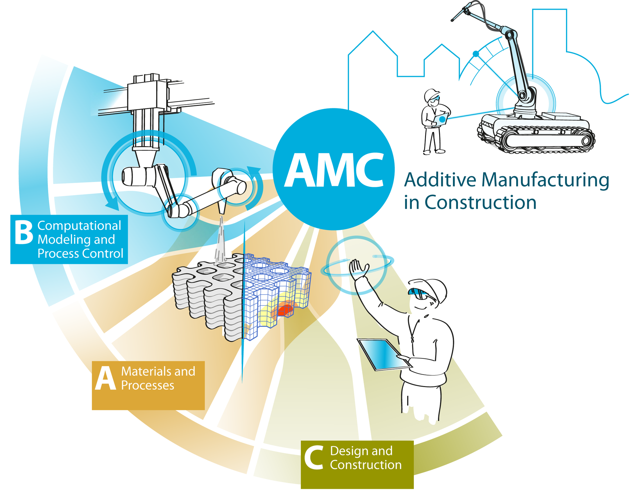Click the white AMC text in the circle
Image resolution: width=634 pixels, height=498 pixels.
click(334, 170)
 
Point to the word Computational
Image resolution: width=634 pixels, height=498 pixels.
click(79, 226)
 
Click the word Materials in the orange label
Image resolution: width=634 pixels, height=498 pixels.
click(146, 371)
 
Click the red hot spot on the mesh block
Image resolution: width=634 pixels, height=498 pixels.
click(285, 309)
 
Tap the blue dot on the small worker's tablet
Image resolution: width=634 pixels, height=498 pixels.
click(442, 120)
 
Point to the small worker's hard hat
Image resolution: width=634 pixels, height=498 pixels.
click(431, 95)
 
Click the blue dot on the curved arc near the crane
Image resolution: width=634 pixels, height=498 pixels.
click(476, 54)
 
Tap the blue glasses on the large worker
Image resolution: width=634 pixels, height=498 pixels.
click(419, 293)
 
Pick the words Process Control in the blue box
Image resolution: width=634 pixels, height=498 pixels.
click(80, 254)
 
